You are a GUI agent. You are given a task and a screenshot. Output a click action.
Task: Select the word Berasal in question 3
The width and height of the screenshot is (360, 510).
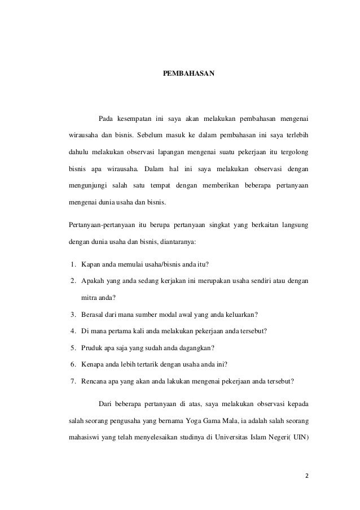(93, 314)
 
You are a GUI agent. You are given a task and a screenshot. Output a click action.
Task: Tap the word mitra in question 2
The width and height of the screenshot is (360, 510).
(90, 298)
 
